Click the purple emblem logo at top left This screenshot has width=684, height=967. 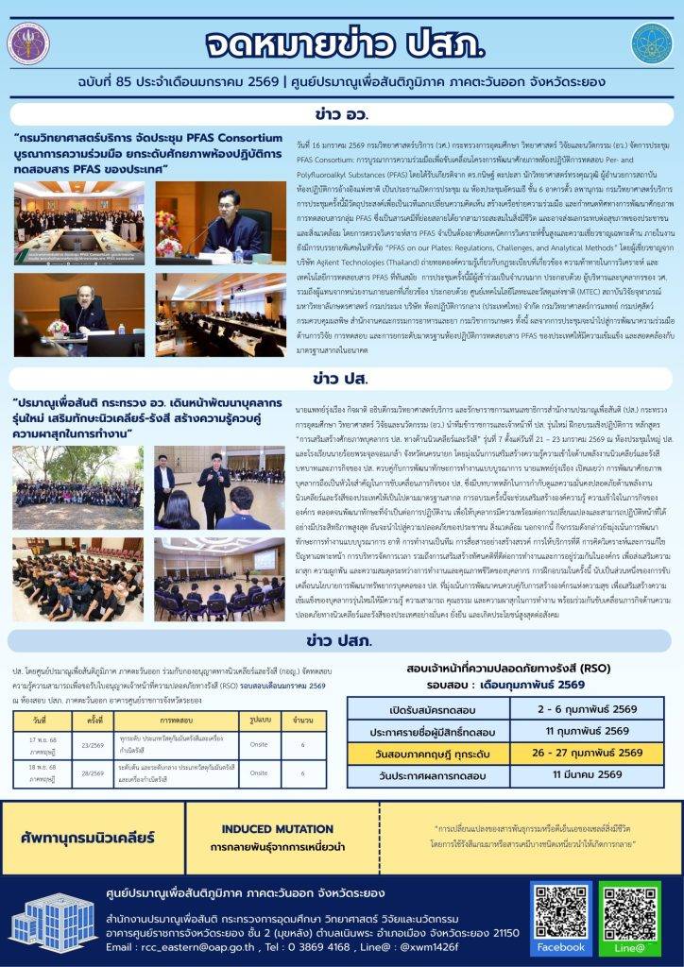tap(28, 43)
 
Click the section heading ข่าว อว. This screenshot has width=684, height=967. tap(341, 115)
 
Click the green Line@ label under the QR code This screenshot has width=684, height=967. tap(628, 946)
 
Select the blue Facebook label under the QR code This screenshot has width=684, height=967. tap(560, 946)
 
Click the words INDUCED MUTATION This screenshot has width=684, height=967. tap(265, 828)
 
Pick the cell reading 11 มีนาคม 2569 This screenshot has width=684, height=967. tap(587, 774)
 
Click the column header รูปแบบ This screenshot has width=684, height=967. tap(249, 719)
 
